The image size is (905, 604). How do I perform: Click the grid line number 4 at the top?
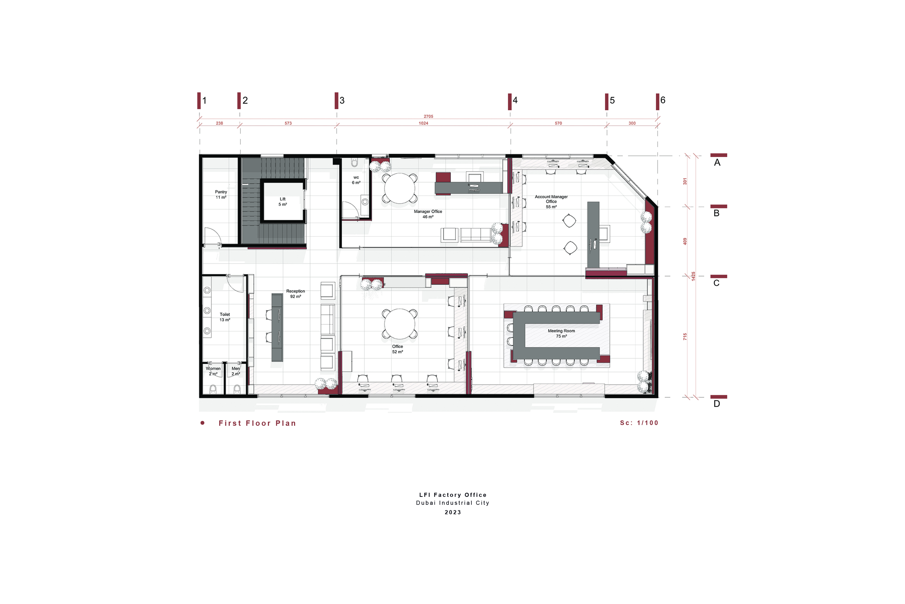coord(515,100)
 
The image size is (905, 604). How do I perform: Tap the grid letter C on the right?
coord(716,283)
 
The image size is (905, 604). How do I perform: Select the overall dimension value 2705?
coord(428,116)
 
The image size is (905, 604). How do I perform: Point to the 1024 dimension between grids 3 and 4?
coord(423,123)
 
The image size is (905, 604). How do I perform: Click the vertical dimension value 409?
coord(685,241)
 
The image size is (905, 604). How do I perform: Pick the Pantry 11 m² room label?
coord(221,195)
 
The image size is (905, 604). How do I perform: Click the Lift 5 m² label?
coord(283,202)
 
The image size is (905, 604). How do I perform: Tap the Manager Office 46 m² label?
coord(428,214)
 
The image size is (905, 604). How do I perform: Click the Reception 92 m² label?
coord(296,294)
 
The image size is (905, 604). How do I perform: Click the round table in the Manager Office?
coord(400,188)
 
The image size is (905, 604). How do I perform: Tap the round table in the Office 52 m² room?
coord(400,324)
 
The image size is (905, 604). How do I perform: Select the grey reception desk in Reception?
coord(277,327)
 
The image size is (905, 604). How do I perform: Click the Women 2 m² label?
coord(213,371)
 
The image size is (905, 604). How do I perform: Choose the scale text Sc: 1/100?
coord(639,423)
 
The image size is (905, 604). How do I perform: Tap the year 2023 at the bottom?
coord(453,512)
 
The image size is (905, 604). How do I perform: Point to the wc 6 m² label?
coord(356,180)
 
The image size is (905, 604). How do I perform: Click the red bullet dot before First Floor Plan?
coord(202,423)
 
